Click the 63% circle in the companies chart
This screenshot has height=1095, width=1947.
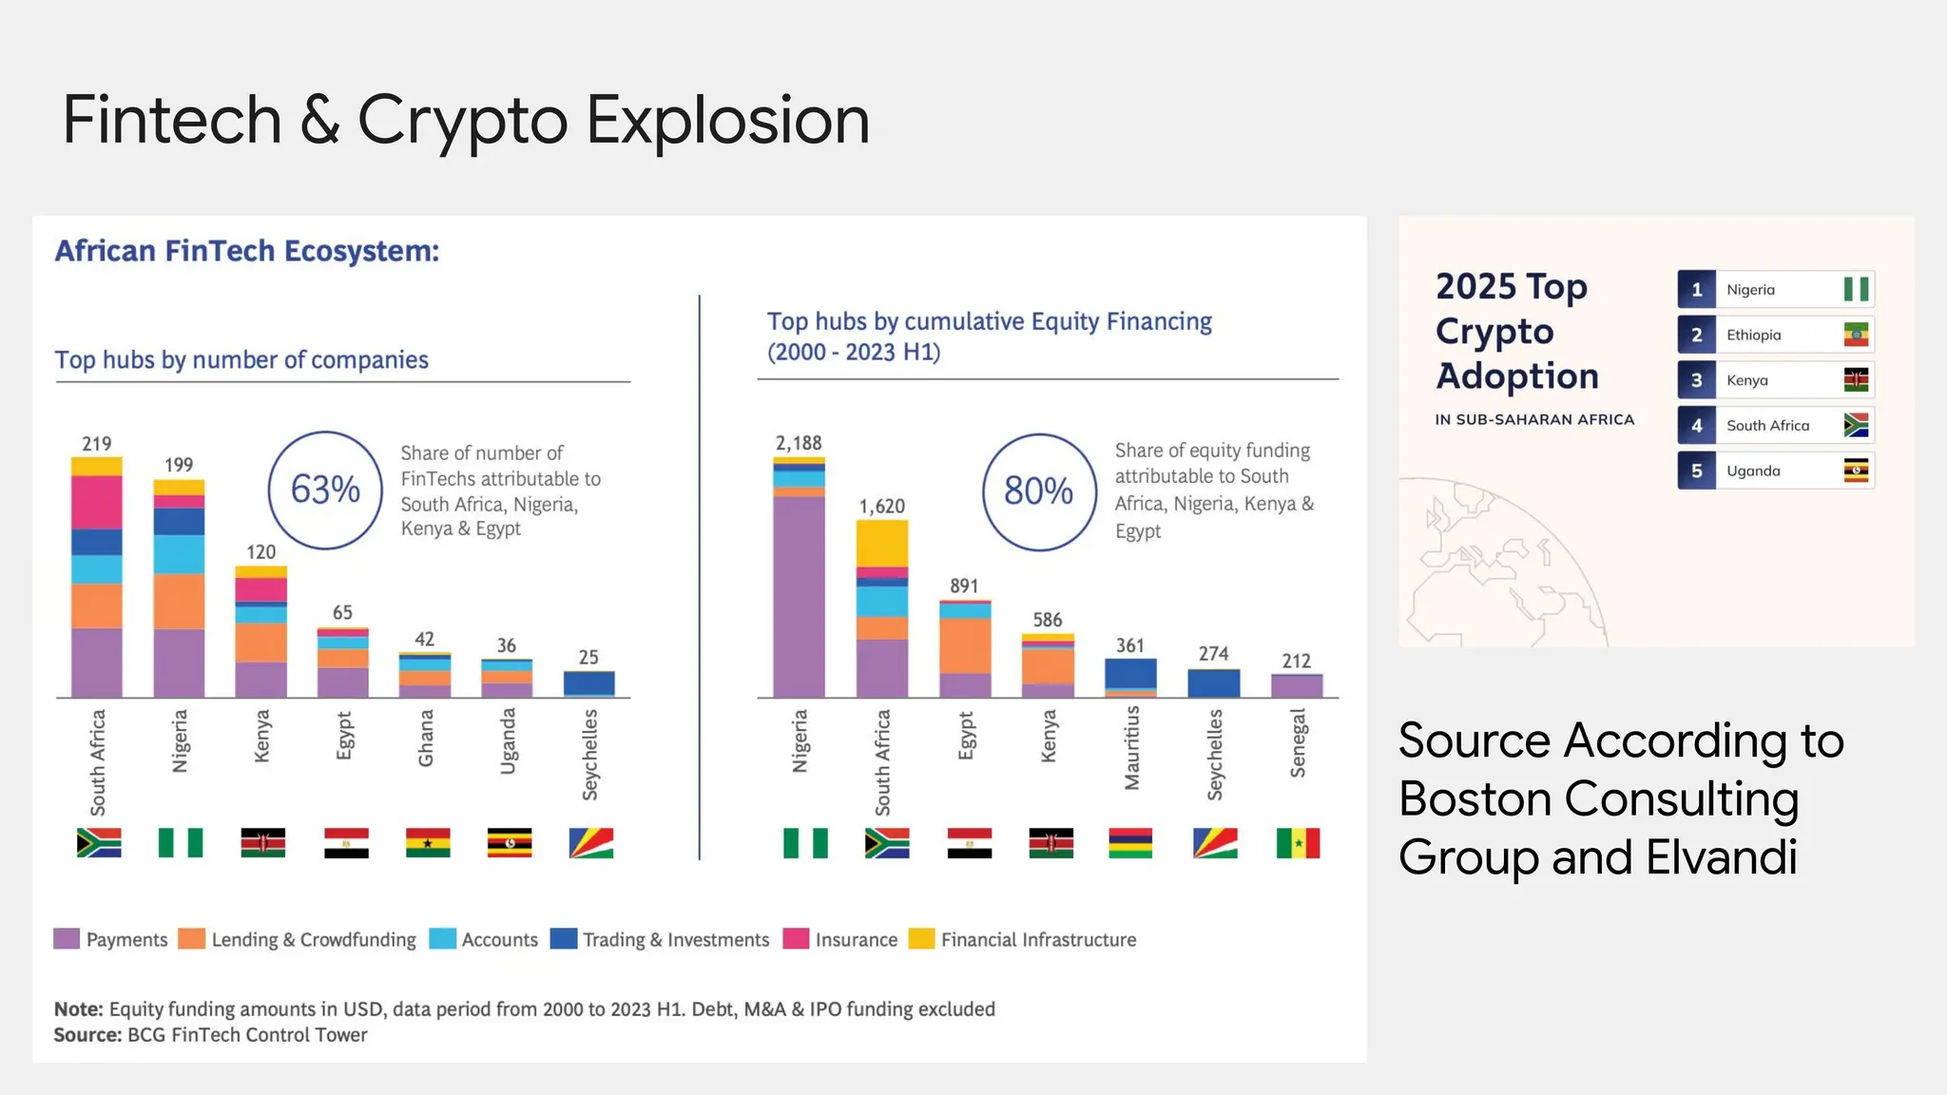tap(325, 490)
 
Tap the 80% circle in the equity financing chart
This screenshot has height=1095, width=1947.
tap(1038, 492)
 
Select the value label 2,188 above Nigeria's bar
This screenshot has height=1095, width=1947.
tap(799, 443)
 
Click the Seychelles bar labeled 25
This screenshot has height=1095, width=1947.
tap(588, 683)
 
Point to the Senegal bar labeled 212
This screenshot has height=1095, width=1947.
tap(1297, 685)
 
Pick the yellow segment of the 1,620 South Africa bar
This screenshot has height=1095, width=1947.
tap(881, 544)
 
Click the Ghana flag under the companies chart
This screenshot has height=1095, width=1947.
tap(427, 843)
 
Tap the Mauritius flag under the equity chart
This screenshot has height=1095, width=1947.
tap(1130, 843)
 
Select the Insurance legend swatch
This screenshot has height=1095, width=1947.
tap(796, 939)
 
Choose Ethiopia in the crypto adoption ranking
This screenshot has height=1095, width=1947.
tap(1754, 335)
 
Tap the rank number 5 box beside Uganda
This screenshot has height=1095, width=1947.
tap(1696, 471)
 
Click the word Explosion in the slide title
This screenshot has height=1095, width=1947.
tap(727, 121)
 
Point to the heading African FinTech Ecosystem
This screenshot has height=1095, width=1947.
tap(247, 251)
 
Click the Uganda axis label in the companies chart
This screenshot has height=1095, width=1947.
tap(508, 741)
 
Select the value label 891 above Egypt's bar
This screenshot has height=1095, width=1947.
tap(964, 586)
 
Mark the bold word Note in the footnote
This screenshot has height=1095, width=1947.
tap(77, 1009)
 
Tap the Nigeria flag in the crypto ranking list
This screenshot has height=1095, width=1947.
tap(1856, 289)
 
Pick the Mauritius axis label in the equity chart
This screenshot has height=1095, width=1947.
tap(1131, 748)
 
